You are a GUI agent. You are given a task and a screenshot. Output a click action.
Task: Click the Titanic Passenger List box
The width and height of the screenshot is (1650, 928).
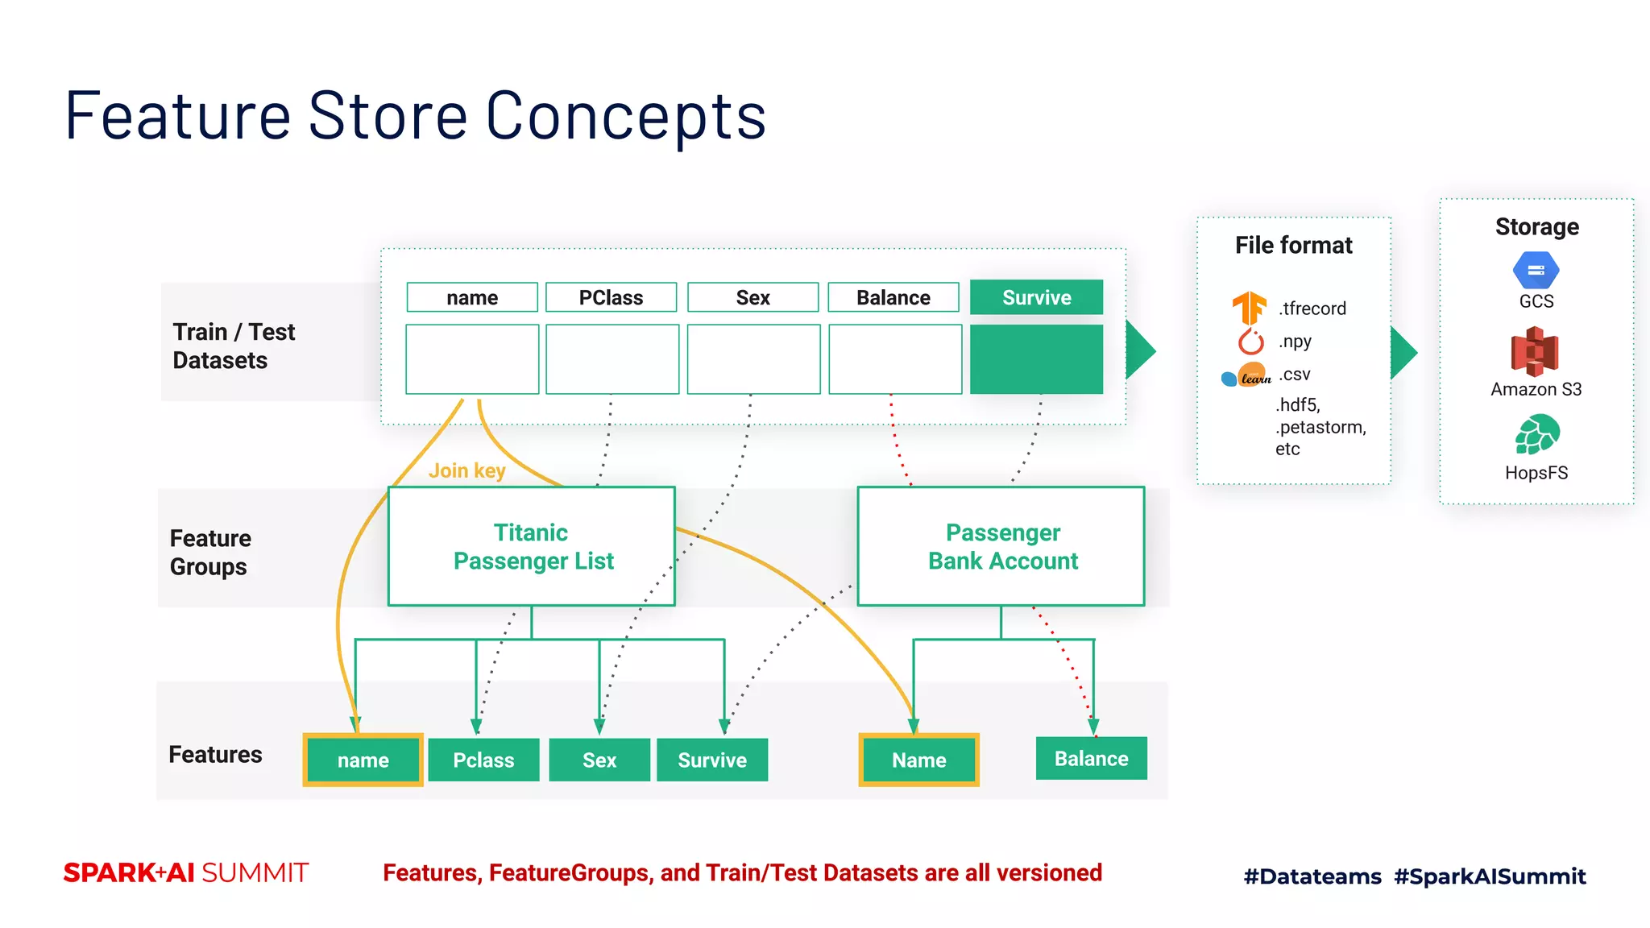531,546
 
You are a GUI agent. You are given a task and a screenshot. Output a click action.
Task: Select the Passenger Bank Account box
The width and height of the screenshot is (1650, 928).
1001,546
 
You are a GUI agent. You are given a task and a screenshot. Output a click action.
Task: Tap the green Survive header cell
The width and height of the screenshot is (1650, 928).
1036,297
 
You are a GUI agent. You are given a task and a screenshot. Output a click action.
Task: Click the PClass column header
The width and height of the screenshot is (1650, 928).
611,297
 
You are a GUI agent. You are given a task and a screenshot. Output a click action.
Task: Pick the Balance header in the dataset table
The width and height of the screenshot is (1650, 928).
893,297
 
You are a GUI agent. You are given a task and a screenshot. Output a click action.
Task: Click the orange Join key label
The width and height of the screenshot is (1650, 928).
466,470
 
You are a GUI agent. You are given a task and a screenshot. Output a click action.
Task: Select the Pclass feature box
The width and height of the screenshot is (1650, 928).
483,760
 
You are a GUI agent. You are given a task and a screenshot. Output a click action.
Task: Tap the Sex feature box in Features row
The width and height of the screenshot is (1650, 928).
599,760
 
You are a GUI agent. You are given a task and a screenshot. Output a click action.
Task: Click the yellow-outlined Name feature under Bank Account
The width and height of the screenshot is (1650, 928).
918,760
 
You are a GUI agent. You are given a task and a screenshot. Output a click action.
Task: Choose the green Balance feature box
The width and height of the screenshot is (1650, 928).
1091,758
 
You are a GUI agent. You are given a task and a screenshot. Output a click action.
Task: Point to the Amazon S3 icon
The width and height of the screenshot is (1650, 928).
1535,351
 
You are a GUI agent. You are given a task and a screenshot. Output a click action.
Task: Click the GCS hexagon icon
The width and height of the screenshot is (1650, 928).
1536,271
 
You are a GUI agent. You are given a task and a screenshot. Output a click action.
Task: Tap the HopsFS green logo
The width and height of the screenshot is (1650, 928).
1536,435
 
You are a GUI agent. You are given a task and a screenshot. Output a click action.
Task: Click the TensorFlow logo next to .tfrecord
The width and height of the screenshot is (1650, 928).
1249,309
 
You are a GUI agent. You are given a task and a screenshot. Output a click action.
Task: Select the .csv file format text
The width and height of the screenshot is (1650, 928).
1295,375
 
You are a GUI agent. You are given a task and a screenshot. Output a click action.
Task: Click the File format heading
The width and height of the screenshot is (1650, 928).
1293,245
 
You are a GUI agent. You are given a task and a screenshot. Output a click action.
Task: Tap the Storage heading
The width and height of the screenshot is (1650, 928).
1536,226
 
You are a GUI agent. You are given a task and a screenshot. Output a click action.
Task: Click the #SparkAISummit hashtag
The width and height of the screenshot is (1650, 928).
1490,876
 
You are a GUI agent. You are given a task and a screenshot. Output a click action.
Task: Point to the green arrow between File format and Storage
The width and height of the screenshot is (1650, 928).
1403,352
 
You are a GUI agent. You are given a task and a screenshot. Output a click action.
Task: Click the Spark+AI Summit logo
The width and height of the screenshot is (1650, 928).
186,872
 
